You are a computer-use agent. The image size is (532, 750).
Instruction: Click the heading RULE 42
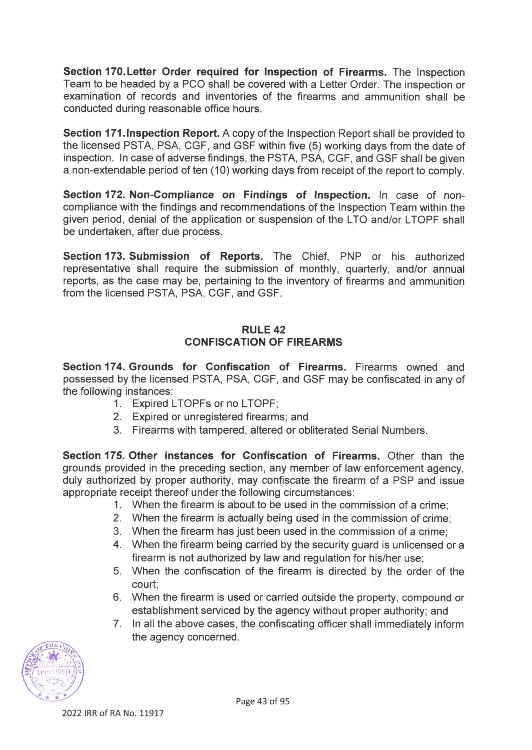coord(263,329)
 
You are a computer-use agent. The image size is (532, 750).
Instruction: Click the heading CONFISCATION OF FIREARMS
coord(263,342)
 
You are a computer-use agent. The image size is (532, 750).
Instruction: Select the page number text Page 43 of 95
coord(263,701)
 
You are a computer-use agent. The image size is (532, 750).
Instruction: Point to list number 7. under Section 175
coord(117,624)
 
